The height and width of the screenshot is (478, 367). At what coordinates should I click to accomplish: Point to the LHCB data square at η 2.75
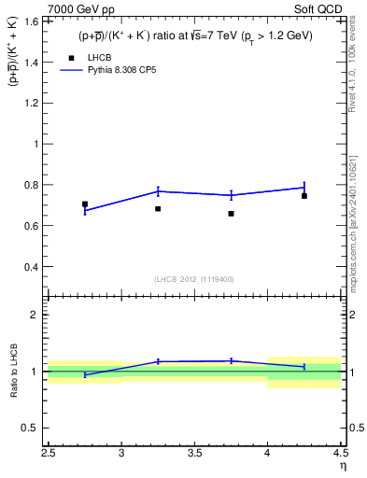click(85, 204)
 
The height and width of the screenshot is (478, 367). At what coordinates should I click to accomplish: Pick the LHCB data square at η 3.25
click(158, 209)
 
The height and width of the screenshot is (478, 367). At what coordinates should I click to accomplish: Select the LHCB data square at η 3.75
click(231, 214)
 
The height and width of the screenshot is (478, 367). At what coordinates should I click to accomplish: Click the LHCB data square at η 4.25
click(304, 196)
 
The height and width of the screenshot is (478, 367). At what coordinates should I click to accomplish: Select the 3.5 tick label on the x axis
click(194, 454)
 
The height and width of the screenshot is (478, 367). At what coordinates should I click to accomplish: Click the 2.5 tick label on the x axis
click(49, 454)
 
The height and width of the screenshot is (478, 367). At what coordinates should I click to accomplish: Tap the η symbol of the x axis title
click(343, 465)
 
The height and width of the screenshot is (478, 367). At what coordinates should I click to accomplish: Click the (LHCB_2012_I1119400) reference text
click(194, 279)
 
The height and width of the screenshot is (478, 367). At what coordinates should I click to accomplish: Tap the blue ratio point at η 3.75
click(231, 360)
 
